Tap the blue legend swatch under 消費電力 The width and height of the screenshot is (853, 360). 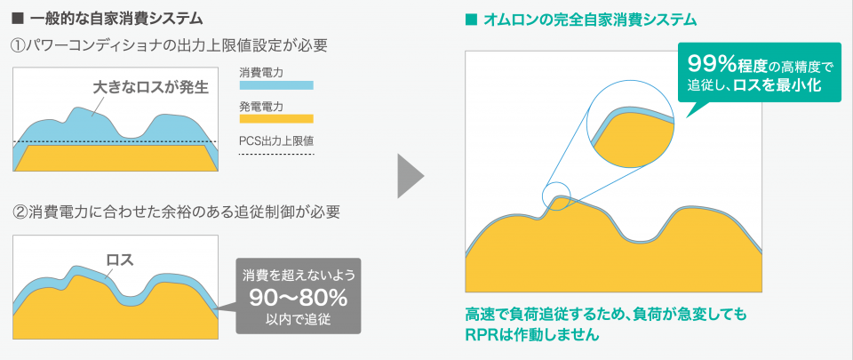(x=276, y=85)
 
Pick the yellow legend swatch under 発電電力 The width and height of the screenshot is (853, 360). (x=276, y=118)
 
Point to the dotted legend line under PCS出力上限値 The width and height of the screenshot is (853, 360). (x=276, y=155)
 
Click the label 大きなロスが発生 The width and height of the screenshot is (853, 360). (x=151, y=87)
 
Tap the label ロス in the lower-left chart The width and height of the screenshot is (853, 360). (x=120, y=260)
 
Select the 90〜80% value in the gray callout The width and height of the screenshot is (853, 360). (x=298, y=298)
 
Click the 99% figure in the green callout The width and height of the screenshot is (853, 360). (x=712, y=64)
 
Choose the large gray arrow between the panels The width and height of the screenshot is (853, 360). (x=411, y=176)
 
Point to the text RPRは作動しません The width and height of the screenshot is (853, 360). (x=532, y=334)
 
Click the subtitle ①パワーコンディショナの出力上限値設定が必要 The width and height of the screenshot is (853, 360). (x=169, y=46)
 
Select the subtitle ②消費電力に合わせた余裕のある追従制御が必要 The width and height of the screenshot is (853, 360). (x=176, y=212)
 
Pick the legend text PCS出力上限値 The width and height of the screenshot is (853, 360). (x=276, y=141)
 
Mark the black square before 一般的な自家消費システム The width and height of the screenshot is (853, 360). (x=17, y=20)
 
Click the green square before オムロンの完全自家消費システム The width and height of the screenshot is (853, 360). (x=471, y=20)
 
